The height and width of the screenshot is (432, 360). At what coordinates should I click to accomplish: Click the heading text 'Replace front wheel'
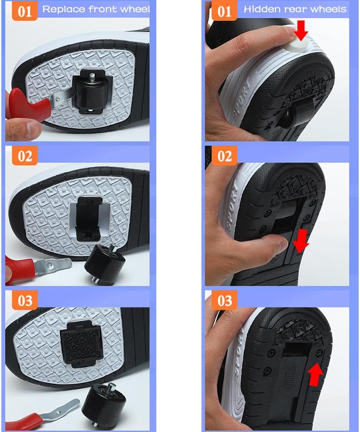tap(96, 9)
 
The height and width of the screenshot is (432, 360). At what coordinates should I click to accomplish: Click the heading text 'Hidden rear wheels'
tap(295, 9)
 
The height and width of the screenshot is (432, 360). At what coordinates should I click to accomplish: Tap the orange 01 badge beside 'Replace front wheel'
tap(25, 11)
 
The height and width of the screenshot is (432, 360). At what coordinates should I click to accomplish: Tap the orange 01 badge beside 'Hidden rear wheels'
tap(224, 11)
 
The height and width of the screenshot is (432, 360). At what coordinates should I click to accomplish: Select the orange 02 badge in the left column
tap(25, 156)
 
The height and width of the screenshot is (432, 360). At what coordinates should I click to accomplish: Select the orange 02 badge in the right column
tap(224, 156)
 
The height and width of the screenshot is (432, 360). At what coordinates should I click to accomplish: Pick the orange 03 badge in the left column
tap(25, 300)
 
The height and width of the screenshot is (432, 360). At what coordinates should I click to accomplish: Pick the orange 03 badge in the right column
tap(224, 300)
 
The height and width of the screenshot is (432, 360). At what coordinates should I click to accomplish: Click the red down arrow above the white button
tap(301, 30)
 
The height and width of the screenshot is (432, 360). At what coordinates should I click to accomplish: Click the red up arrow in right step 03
tap(316, 374)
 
